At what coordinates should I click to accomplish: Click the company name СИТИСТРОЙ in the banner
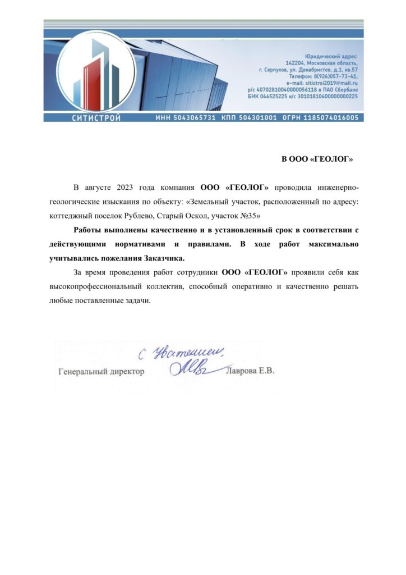pyautogui.click(x=96, y=118)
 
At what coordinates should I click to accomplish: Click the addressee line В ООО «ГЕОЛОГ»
pyautogui.click(x=317, y=159)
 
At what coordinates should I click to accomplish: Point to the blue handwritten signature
pyautogui.click(x=191, y=368)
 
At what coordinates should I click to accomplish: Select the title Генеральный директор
pyautogui.click(x=101, y=371)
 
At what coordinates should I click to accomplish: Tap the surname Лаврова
pyautogui.click(x=241, y=371)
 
